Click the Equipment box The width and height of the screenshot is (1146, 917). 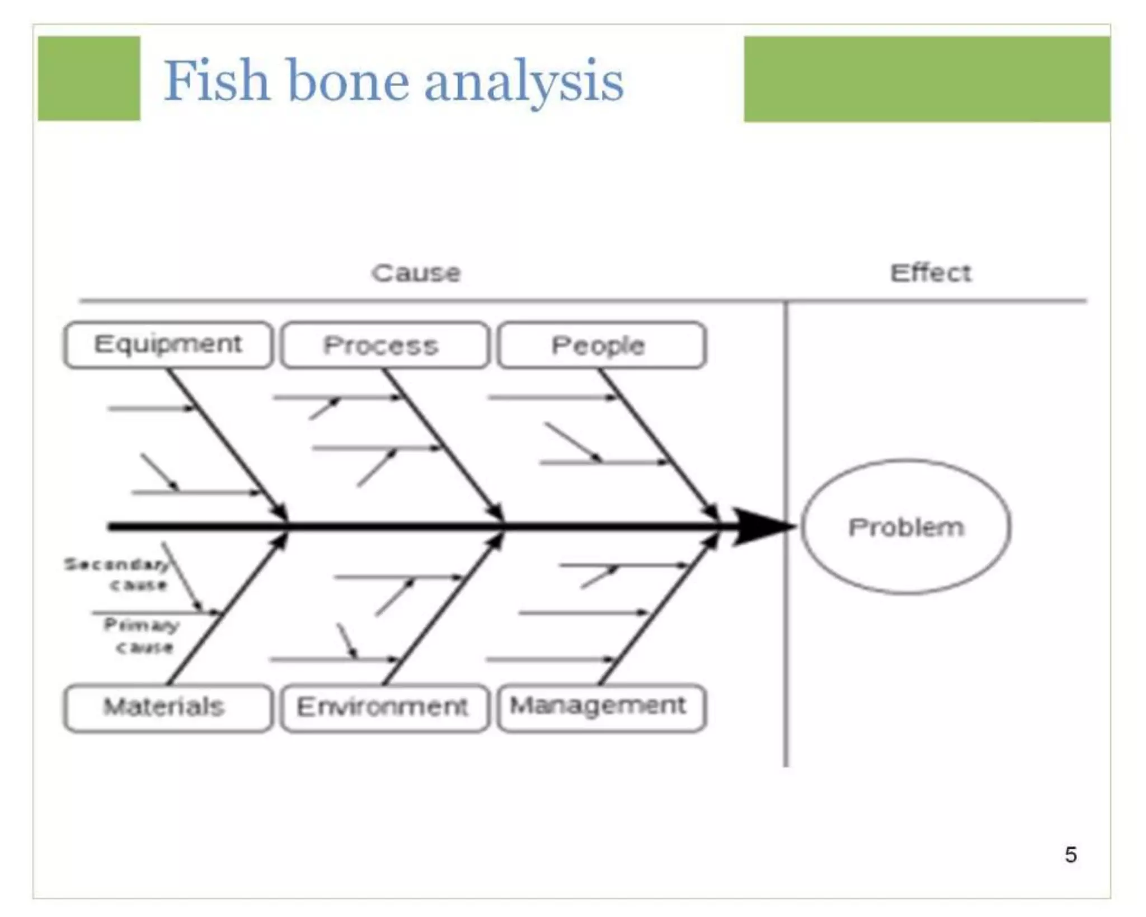[x=168, y=345]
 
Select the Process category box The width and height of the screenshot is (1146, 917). [x=384, y=345]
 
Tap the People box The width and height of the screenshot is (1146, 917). [x=601, y=345]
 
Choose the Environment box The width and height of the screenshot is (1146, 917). [x=384, y=707]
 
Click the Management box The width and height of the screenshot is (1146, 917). [x=601, y=707]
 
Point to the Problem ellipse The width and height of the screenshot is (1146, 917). [x=905, y=527]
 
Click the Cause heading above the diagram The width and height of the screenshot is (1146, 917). [x=416, y=273]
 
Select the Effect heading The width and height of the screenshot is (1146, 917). [x=930, y=273]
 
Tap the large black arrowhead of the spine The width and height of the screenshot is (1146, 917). [x=761, y=527]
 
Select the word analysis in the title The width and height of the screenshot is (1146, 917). [x=523, y=82]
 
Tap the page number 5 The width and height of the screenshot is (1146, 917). [x=1070, y=854]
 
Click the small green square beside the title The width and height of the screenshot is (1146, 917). [x=89, y=78]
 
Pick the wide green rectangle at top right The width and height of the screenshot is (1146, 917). [x=927, y=79]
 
